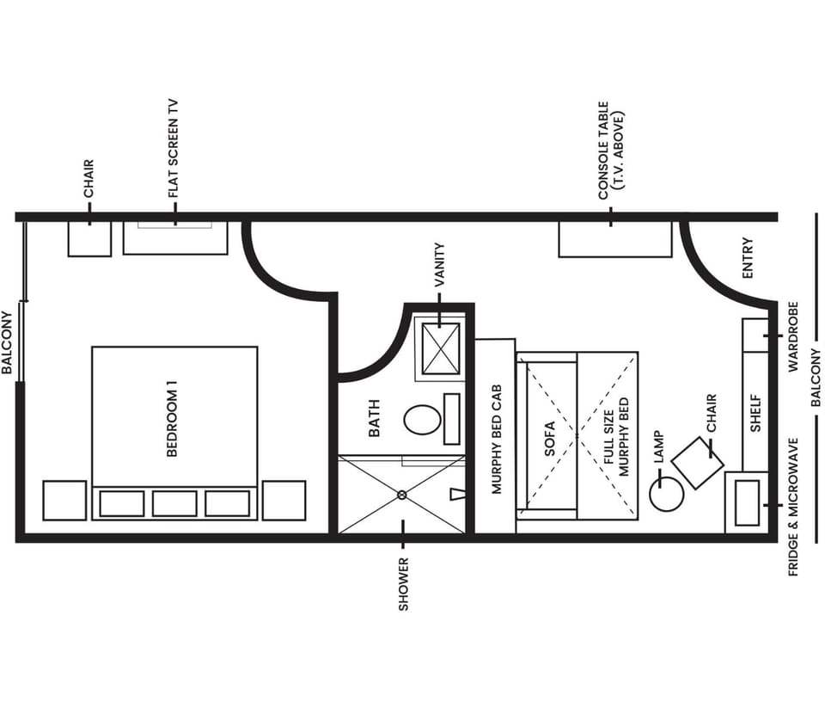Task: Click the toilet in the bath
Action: click(x=422, y=420)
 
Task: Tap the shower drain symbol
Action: click(x=401, y=495)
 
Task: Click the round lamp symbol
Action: click(x=666, y=494)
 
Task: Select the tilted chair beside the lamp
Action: click(x=698, y=463)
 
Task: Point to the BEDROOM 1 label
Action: click(x=172, y=423)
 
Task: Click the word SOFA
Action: click(x=550, y=437)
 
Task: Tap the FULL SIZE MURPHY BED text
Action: click(x=617, y=437)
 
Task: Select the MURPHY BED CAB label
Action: click(x=496, y=439)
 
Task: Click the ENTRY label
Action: click(x=747, y=257)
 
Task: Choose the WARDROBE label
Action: click(x=793, y=336)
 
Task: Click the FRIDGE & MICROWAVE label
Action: click(x=793, y=507)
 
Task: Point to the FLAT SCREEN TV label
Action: click(x=174, y=148)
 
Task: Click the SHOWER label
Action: click(x=403, y=584)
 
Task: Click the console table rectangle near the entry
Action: click(x=614, y=239)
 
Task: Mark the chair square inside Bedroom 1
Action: click(x=89, y=238)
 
